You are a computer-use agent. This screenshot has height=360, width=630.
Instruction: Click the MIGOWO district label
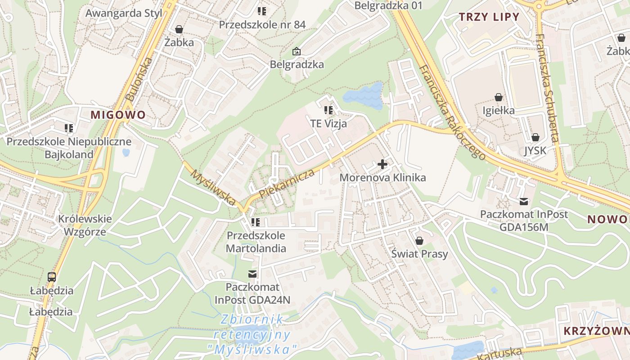tap(118, 115)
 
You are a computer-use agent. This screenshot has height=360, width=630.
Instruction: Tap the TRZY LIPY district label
tap(489, 18)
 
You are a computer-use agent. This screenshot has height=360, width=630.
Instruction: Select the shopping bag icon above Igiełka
tap(499, 97)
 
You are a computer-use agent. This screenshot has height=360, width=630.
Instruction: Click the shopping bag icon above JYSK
tap(535, 137)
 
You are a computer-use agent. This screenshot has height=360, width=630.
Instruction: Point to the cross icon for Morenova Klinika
tap(382, 164)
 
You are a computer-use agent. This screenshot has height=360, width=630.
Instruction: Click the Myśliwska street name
tap(213, 187)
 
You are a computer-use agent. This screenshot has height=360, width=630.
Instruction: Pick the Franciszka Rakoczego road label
tap(452, 112)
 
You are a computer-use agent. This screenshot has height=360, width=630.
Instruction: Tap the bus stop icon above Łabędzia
tap(52, 277)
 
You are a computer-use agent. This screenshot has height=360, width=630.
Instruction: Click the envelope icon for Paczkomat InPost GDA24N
tap(252, 274)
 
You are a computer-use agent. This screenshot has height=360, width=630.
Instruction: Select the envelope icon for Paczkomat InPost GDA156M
tap(524, 201)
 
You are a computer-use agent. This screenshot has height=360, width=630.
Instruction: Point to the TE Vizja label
tap(328, 123)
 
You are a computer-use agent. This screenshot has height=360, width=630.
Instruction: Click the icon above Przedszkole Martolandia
tap(256, 222)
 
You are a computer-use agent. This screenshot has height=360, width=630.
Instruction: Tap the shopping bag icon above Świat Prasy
tap(419, 241)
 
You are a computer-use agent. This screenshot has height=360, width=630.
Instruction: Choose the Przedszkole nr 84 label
tap(262, 25)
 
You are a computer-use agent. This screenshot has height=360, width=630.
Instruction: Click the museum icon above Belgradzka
tap(297, 51)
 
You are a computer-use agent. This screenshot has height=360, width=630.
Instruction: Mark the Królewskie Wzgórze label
tap(85, 225)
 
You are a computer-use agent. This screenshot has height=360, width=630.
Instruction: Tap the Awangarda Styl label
tap(123, 13)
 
